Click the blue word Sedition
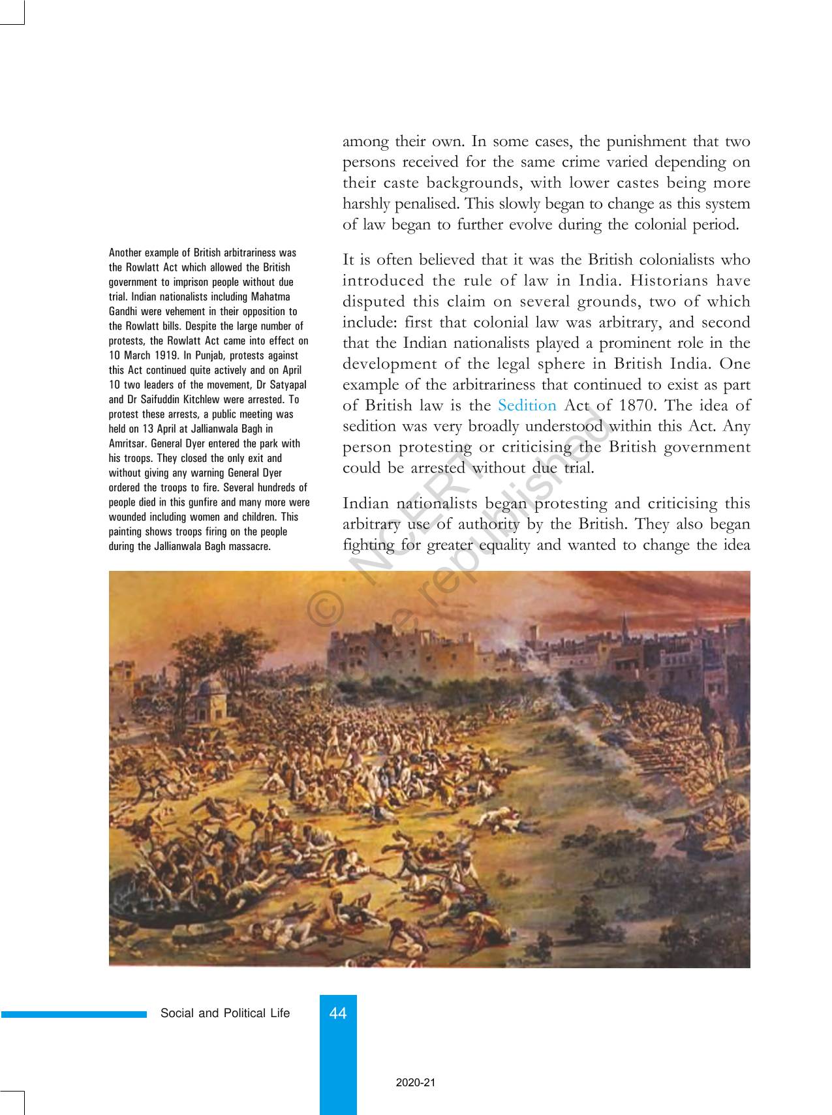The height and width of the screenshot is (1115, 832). click(x=527, y=406)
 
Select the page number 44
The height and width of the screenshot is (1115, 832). click(x=338, y=1013)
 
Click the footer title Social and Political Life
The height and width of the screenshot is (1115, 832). click(x=225, y=1013)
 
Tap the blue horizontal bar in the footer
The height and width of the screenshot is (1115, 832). click(x=74, y=1015)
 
